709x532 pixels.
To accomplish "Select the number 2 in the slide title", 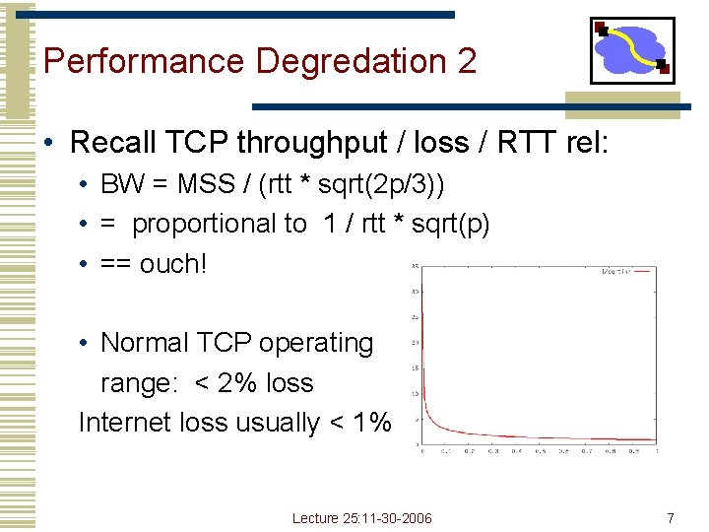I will [x=467, y=62].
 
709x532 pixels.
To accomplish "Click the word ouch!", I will [x=173, y=264].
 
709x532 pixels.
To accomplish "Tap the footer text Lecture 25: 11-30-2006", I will [x=361, y=518].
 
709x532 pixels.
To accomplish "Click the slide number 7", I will [x=671, y=517].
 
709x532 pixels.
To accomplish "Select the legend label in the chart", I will [x=613, y=271].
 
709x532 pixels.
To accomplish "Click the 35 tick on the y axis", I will [x=415, y=266].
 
